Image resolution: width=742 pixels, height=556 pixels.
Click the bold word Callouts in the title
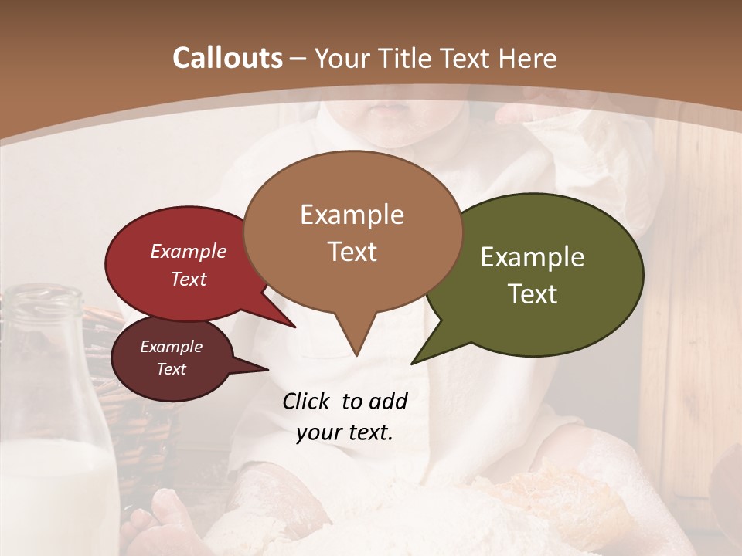coord(227,58)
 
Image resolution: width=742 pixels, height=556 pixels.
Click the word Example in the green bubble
coord(533,257)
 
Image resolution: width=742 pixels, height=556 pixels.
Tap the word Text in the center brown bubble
coord(352,252)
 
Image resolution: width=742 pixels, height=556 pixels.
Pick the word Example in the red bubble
coord(189,251)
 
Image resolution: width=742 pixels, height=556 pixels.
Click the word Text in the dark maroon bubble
coord(172,369)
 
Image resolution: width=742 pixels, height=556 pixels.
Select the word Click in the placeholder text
coord(307,401)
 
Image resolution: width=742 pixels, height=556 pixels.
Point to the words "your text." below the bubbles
coord(344,432)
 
